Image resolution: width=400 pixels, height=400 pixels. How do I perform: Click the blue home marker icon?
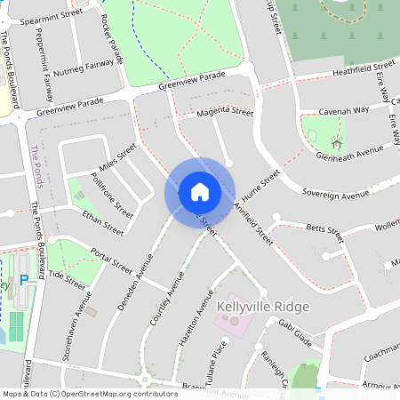(x=200, y=191)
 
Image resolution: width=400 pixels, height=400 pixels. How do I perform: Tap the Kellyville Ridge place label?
(x=263, y=307)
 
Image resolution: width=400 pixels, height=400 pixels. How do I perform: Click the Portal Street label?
(x=111, y=261)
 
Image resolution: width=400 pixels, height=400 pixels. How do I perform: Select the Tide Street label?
(x=67, y=280)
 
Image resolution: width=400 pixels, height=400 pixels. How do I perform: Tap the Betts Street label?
(x=324, y=233)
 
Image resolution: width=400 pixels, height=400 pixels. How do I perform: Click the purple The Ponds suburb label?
(x=36, y=166)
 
